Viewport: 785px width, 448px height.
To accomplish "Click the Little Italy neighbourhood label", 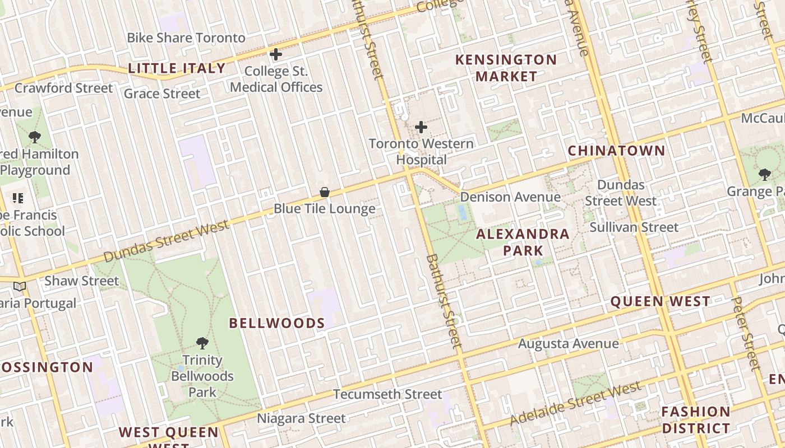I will click(177, 68).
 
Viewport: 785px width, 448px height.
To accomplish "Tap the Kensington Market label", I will click(506, 68).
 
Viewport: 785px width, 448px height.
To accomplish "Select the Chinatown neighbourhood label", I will click(616, 151).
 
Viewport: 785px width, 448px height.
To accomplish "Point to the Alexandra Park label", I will click(523, 242).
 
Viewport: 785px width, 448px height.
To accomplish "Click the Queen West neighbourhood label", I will click(660, 301).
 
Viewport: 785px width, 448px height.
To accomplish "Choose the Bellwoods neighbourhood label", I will click(277, 323).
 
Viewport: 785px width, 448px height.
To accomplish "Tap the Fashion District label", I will click(695, 420).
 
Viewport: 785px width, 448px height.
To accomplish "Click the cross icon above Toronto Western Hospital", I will click(421, 127).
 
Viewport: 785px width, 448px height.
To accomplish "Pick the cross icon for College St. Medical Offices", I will click(275, 54).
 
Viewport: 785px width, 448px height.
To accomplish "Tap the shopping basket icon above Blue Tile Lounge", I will click(324, 193).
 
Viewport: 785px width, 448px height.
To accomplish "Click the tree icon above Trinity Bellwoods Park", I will click(202, 343).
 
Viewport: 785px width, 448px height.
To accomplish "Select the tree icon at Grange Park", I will click(765, 175).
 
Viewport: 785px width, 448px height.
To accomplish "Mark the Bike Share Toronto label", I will click(186, 38).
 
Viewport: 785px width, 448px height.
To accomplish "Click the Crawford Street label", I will click(63, 88).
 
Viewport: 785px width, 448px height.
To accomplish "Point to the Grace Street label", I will click(161, 94).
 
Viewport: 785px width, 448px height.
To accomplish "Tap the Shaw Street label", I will click(82, 281).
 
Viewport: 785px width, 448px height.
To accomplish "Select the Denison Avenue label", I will click(510, 197).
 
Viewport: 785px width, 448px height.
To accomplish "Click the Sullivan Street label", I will click(634, 227).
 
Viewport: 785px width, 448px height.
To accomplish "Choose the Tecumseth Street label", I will click(387, 394).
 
